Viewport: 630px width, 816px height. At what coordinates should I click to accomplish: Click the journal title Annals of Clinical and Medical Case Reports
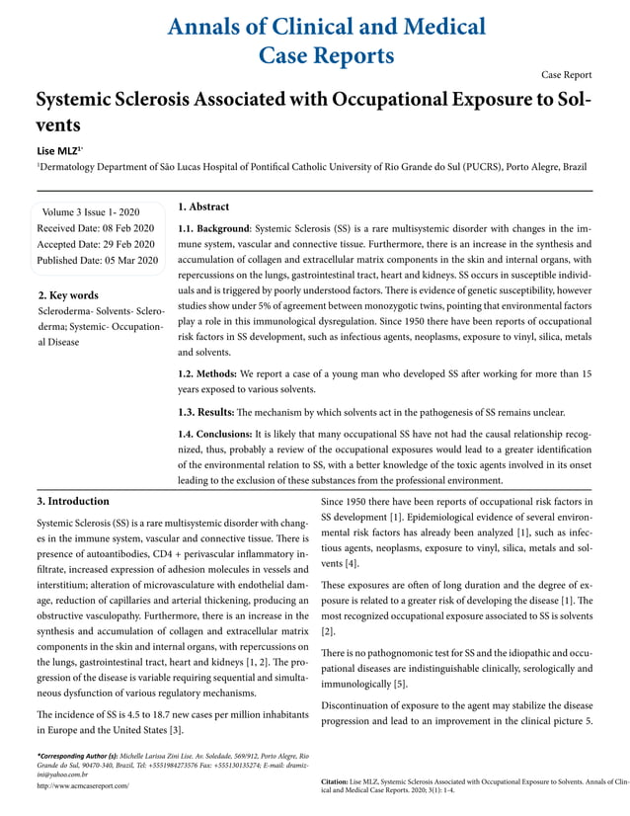tap(314, 40)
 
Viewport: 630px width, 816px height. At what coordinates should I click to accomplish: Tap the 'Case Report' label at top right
tap(567, 74)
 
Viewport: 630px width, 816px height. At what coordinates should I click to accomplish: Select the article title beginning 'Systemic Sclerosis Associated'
tap(314, 113)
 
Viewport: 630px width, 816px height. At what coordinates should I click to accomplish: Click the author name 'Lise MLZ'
tap(57, 149)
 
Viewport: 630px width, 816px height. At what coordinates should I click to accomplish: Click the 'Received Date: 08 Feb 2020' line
tap(96, 228)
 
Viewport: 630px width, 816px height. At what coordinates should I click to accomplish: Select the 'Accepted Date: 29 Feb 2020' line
tap(96, 244)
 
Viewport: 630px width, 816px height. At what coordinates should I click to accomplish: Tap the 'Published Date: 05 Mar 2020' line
tap(97, 261)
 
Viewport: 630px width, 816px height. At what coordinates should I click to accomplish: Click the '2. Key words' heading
tap(67, 294)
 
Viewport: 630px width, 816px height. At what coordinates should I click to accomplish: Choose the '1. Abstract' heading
tap(203, 206)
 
